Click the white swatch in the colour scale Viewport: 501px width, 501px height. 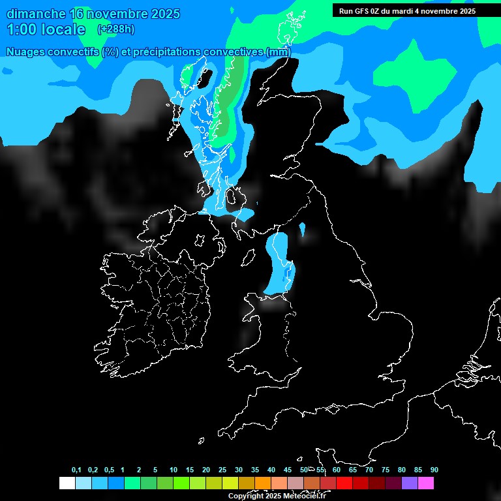click(67, 483)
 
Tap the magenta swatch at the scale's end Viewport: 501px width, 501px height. click(426, 483)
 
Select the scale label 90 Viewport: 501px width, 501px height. click(434, 470)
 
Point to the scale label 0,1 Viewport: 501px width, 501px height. click(76, 470)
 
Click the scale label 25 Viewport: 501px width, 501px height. click(222, 470)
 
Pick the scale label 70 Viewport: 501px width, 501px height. click(369, 470)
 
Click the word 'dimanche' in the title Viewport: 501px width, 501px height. click(37, 14)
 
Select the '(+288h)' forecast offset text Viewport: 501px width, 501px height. click(115, 29)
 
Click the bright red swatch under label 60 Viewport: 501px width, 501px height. click(344, 483)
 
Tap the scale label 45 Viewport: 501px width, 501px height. click(288, 470)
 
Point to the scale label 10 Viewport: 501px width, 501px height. click(173, 470)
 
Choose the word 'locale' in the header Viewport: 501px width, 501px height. click(63, 29)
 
